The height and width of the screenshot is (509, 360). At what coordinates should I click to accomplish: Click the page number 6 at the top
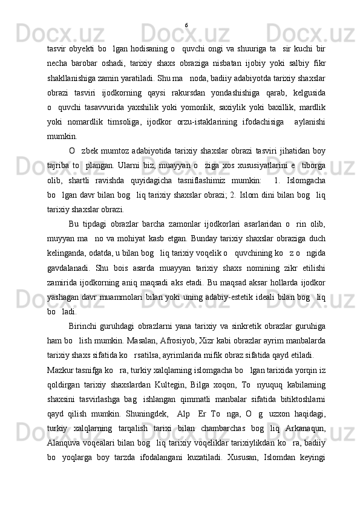click(x=186, y=25)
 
